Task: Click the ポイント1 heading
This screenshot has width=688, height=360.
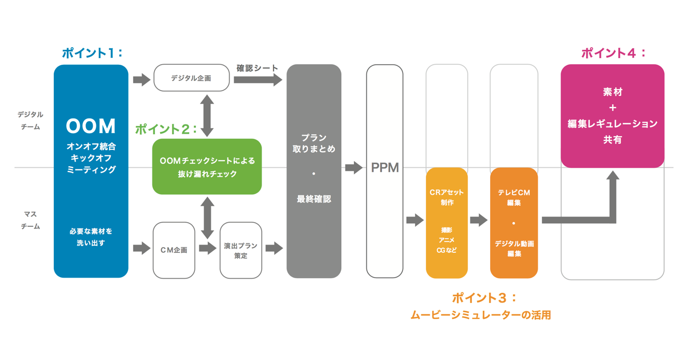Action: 92,53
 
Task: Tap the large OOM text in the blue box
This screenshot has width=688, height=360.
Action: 91,126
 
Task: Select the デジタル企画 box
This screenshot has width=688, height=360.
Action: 191,78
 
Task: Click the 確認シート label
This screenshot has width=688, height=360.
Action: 257,68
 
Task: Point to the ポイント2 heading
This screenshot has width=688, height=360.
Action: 166,129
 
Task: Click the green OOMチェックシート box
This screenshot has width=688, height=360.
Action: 207,167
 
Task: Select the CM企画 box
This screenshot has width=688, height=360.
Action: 174,250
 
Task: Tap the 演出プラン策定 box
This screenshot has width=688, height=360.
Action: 240,250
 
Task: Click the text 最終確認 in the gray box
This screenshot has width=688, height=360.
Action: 313,199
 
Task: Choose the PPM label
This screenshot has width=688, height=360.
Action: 385,168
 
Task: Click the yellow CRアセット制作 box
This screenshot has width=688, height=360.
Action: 447,223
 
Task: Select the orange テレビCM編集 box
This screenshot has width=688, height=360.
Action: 513,223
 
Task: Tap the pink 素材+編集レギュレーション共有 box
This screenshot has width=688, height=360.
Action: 612,116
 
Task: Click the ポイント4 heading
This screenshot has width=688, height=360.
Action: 613,53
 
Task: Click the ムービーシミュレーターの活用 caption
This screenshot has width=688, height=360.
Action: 480,314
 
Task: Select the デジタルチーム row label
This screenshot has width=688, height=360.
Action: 31,120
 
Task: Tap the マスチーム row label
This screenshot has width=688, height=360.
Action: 31,220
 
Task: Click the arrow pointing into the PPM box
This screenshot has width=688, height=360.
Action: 354,167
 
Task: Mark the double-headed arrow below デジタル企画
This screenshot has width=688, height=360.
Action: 207,116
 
